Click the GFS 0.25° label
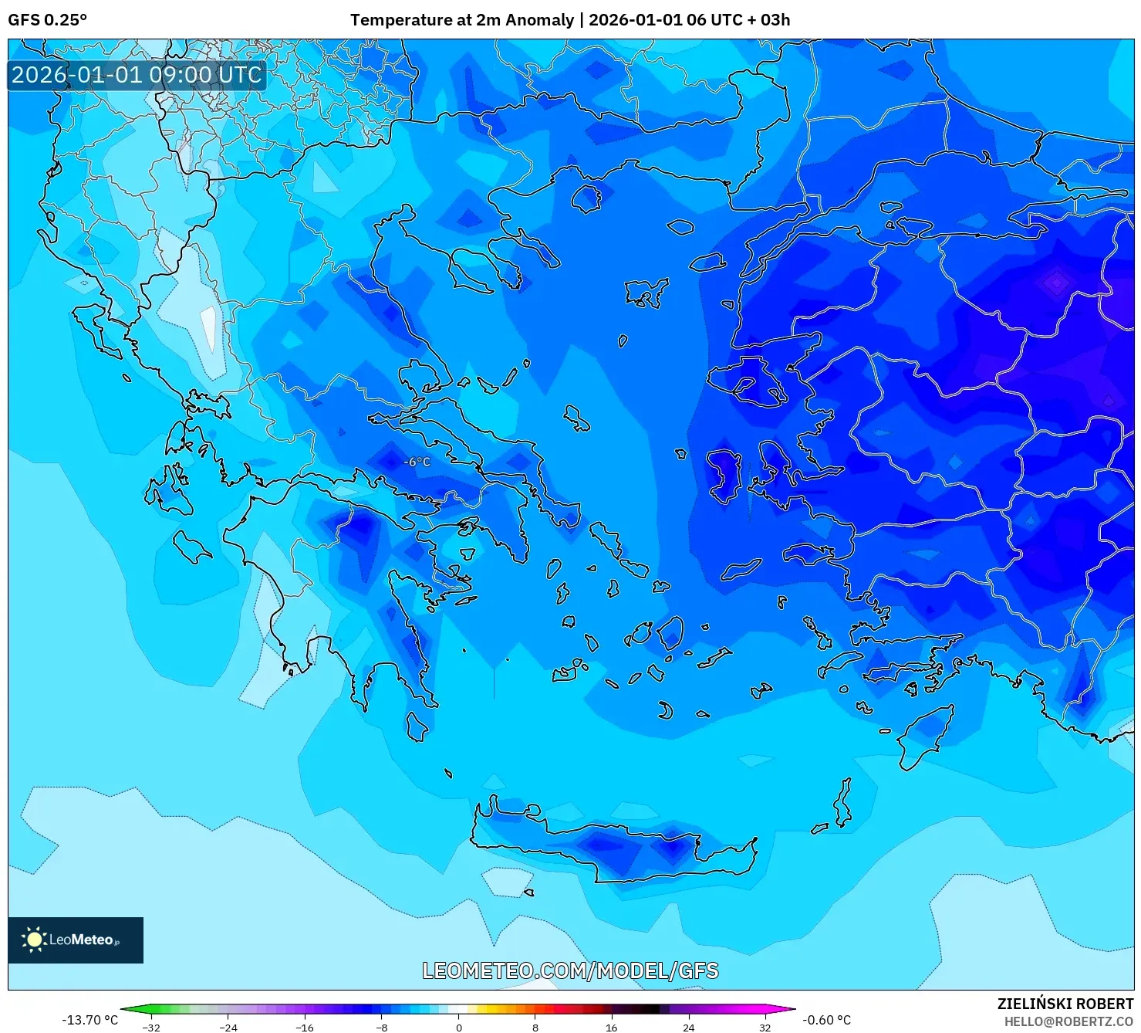pos(47,20)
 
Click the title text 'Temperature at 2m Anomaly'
pos(461,20)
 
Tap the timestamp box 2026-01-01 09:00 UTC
pos(137,75)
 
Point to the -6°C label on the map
pos(417,462)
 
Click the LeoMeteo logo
pos(76,940)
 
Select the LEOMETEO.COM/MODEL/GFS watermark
pos(570,970)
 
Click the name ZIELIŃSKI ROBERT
pos(1065,1004)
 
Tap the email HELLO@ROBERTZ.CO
pos(1068,1021)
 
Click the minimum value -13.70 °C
pos(90,1020)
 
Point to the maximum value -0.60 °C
pos(826,1020)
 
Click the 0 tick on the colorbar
pos(459,1027)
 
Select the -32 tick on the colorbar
pos(152,1027)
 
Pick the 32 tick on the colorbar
pos(765,1027)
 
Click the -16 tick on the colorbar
pos(306,1027)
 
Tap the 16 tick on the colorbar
pos(612,1027)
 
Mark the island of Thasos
pos(587,198)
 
